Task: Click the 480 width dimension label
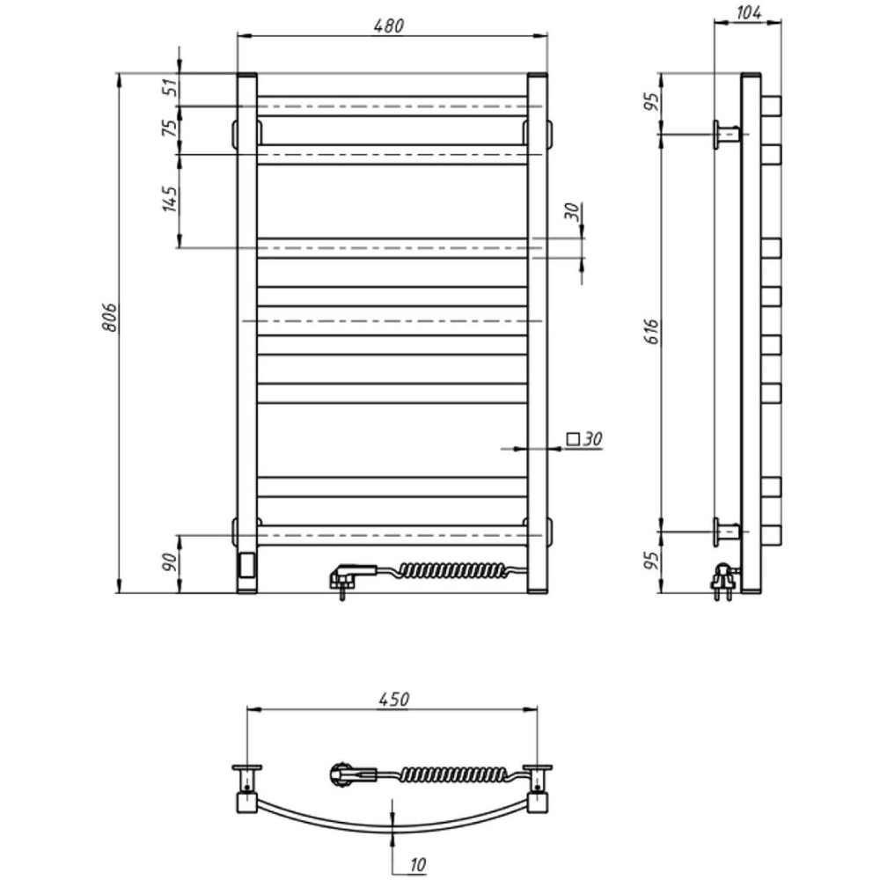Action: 392,26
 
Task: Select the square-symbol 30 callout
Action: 583,438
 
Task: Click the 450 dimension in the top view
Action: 393,700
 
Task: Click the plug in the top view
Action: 348,775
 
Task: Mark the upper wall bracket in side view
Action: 727,135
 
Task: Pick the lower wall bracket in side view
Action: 727,531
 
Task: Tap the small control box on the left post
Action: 246,564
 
